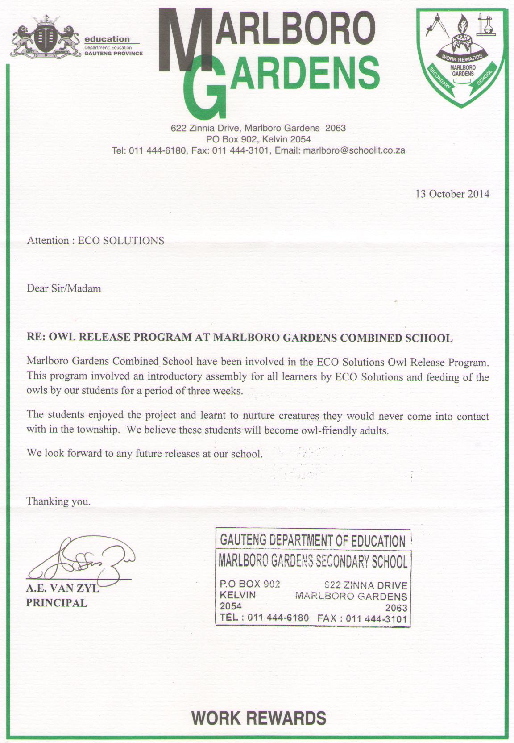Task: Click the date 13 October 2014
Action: point(452,194)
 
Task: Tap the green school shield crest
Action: point(462,56)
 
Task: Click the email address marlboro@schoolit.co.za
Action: point(354,150)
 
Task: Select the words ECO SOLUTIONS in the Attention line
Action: point(121,241)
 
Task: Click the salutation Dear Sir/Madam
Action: point(64,288)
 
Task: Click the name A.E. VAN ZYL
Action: point(62,589)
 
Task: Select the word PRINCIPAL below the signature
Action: point(57,603)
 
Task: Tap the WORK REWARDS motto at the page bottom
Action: point(259,718)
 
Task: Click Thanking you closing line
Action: point(58,501)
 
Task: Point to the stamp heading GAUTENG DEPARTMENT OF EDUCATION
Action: point(312,540)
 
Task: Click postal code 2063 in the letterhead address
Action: point(336,128)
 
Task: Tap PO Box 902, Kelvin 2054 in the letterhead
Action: point(258,139)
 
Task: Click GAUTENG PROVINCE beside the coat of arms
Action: point(114,53)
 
